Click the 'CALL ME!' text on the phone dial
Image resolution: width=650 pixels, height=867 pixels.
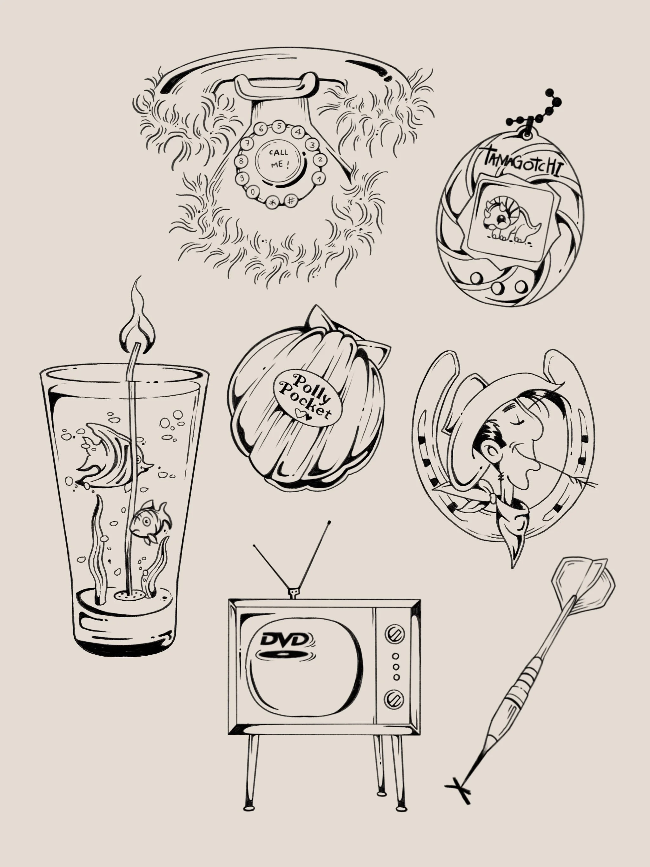[x=279, y=158]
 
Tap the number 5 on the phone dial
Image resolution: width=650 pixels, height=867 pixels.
[x=279, y=126]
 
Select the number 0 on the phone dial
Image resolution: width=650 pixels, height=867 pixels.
[x=254, y=192]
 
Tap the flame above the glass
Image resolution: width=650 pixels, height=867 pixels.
[x=137, y=320]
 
